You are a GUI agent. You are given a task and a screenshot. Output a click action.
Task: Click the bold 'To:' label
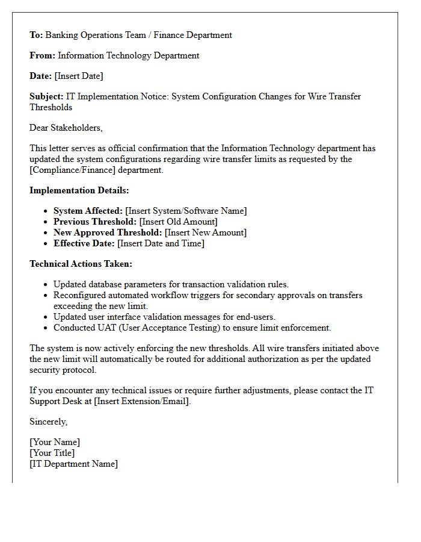coord(36,35)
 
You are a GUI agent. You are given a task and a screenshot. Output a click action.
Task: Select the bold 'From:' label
coord(42,55)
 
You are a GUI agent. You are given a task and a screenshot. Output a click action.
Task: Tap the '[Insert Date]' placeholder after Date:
coord(79,76)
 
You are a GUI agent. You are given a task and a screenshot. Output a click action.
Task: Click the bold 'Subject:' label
coord(46,96)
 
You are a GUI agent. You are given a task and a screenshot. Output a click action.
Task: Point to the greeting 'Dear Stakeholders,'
coord(66,128)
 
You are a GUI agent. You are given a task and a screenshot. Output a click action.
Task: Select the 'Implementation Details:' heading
coord(79,190)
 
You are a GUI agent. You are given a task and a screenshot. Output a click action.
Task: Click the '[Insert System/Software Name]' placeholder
coord(186,211)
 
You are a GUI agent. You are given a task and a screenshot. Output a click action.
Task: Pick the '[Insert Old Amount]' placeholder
coord(179,222)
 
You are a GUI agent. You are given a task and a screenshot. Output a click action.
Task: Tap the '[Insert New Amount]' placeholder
coord(206,232)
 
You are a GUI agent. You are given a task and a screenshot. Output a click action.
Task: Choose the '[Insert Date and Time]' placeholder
coord(161,243)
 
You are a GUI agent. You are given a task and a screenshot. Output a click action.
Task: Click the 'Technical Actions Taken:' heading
coord(81,264)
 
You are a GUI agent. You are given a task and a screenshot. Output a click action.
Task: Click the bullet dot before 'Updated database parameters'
coord(46,285)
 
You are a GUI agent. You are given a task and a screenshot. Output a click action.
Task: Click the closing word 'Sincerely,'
coord(49,422)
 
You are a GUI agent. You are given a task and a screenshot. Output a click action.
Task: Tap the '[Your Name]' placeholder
coord(55,442)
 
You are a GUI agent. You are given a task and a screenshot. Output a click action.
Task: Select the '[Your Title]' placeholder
coord(52,453)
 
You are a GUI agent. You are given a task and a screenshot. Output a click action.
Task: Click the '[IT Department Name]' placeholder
coord(73,464)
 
